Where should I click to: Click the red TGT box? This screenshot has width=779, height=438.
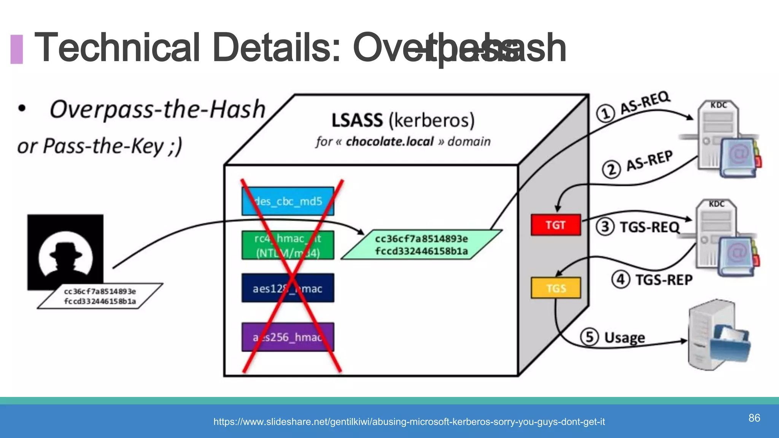pos(555,225)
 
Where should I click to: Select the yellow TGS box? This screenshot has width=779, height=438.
pos(556,288)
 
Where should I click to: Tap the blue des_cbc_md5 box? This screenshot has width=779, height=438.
pos(288,201)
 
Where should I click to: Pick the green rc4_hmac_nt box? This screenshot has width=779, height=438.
pos(288,245)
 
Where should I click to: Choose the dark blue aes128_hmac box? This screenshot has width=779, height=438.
pos(288,288)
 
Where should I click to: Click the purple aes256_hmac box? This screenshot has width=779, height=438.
pos(288,337)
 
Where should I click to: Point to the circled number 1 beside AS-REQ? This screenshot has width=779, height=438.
pos(605,113)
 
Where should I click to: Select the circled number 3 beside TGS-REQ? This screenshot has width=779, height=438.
pos(605,227)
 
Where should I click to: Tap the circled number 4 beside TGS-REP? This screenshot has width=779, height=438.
pos(620,279)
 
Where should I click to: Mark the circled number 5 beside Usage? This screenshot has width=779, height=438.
pos(589,337)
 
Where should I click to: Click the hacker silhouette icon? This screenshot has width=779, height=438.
pos(65,252)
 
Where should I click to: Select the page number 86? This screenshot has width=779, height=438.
pos(754,418)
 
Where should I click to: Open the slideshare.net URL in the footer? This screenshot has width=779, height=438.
pos(409,422)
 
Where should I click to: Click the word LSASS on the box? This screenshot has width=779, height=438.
pos(357,121)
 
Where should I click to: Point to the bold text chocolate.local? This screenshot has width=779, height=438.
pos(389,141)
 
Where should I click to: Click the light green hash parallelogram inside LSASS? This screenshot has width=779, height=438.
pos(421,245)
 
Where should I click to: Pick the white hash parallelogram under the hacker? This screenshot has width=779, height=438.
pos(100,296)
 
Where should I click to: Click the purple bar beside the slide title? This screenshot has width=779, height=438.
pos(16,49)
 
